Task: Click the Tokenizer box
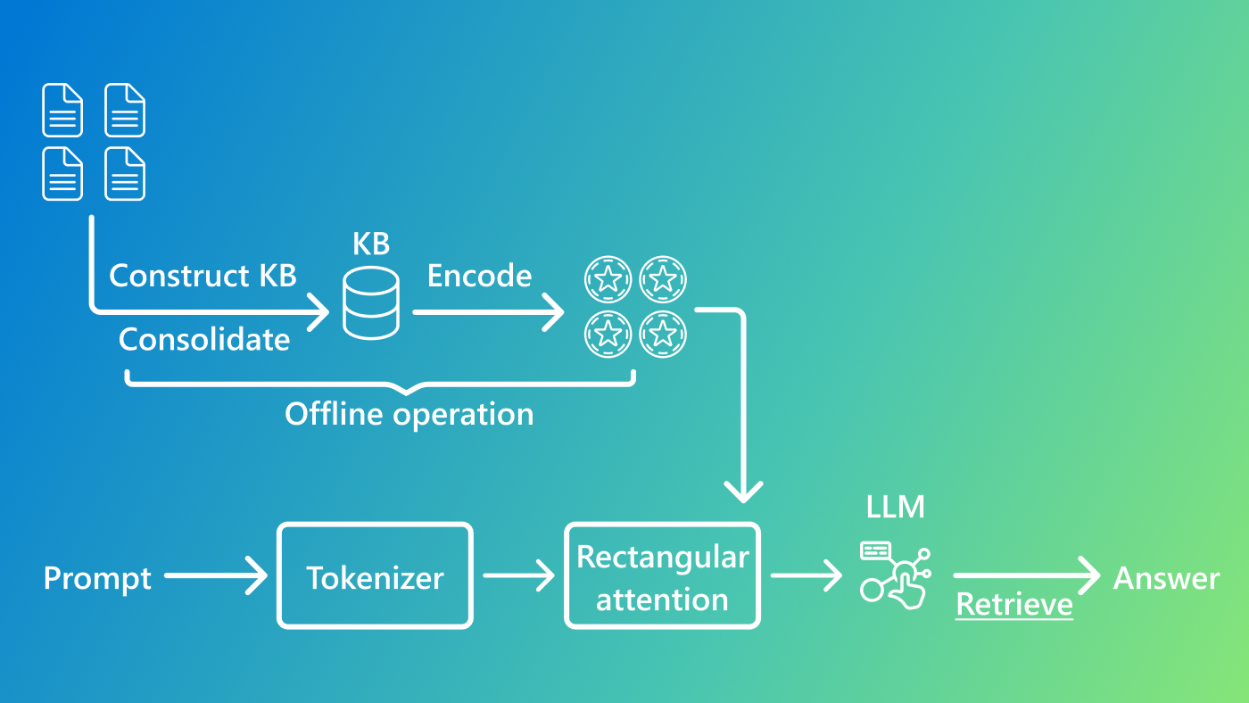tap(375, 576)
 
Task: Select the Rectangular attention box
tap(662, 576)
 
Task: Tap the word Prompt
tap(97, 578)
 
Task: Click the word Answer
tap(1166, 578)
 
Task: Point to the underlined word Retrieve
tap(1013, 605)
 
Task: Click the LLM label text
tap(896, 507)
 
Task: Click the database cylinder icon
tap(371, 305)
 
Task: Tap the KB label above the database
tap(371, 244)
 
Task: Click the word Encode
tap(479, 276)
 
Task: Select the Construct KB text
tap(203, 276)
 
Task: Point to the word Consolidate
tap(204, 339)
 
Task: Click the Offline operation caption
tap(409, 414)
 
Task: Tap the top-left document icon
tap(62, 110)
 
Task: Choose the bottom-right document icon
tap(125, 173)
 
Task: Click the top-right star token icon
tap(663, 279)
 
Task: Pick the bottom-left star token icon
tap(608, 335)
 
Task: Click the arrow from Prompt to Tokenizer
tap(216, 576)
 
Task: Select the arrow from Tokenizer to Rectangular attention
tap(518, 576)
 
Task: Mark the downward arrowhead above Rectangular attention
tap(742, 490)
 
